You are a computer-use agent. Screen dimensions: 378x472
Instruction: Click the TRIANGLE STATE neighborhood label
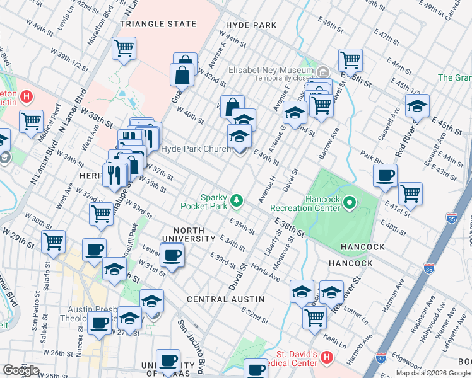tap(158, 24)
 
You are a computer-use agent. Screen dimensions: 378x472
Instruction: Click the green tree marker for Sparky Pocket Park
tap(237, 200)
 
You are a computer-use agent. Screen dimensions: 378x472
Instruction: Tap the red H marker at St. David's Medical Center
tap(326, 358)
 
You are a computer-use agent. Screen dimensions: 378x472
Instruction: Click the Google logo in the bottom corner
tap(21, 370)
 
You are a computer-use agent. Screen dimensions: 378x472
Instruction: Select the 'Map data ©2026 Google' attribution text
tap(433, 373)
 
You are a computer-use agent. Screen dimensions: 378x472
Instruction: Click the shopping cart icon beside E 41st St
tap(410, 193)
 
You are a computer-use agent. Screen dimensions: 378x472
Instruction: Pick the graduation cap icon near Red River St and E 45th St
tap(417, 105)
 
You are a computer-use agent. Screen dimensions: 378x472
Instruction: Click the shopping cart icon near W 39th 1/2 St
tap(124, 47)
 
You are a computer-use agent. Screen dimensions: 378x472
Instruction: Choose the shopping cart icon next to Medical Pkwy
tap(31, 120)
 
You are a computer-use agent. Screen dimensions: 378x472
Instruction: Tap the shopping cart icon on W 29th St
tap(54, 241)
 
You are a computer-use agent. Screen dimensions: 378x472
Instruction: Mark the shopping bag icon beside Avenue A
tap(232, 106)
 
